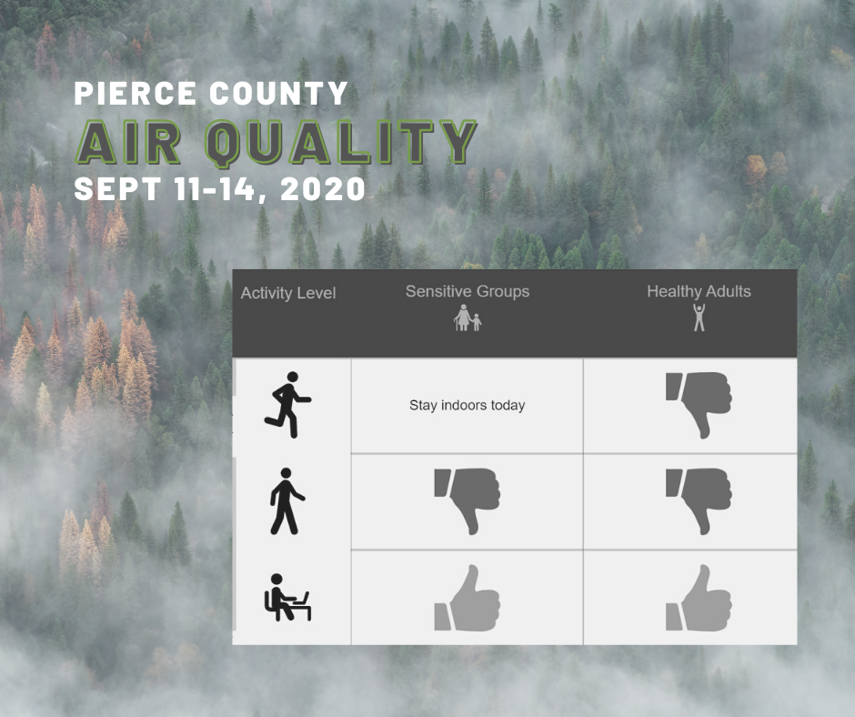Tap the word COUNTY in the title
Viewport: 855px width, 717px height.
278,93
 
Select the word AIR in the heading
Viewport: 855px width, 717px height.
128,142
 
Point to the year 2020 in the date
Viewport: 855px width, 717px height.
322,188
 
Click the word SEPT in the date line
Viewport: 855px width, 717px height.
117,188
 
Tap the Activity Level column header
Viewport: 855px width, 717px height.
288,293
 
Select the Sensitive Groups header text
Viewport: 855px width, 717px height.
468,291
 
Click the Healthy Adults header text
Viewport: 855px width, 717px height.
699,291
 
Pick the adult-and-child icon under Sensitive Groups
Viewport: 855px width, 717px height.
468,318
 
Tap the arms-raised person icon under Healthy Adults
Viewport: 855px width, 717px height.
699,317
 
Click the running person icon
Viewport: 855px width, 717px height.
288,405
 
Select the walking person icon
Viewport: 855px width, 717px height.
287,501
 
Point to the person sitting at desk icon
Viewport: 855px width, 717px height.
287,597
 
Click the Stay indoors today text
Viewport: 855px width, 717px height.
468,406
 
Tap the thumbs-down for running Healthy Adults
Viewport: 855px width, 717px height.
699,405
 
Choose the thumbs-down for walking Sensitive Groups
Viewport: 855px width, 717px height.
468,501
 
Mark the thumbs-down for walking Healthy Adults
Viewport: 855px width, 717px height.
699,501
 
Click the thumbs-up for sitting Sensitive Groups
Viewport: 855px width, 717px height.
468,598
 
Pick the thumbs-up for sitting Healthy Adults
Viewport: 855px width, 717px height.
699,598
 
